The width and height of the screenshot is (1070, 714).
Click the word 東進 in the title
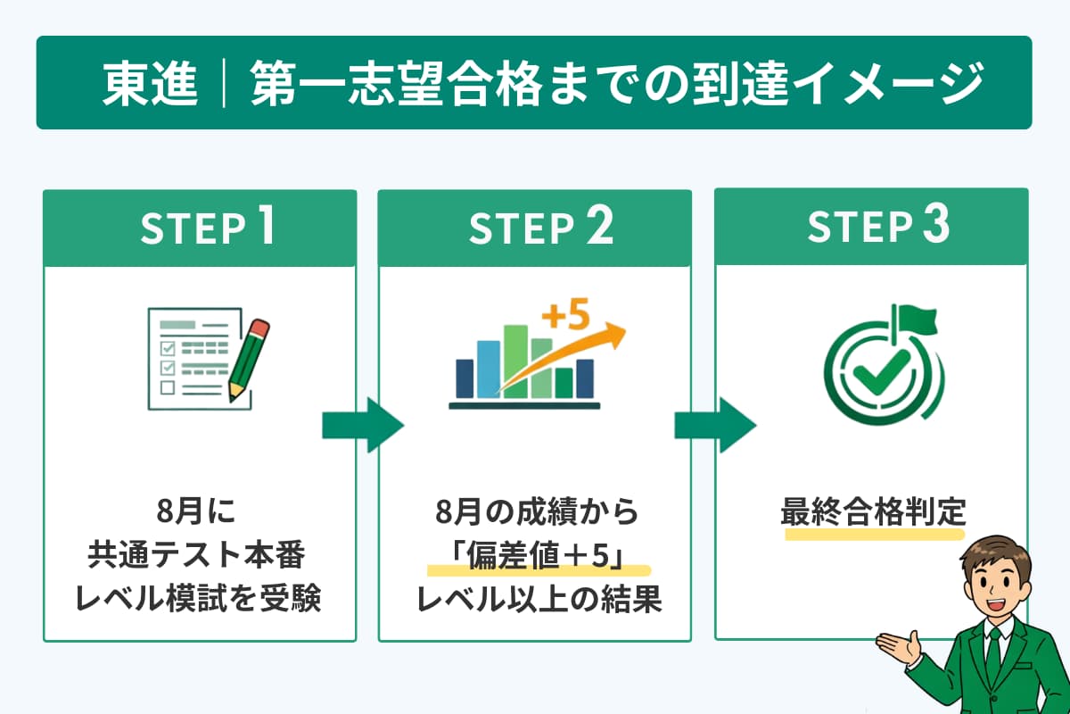click(150, 84)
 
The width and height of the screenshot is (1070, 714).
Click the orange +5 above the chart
click(567, 316)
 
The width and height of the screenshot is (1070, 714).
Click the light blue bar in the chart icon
click(489, 367)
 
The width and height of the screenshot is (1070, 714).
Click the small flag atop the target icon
click(915, 317)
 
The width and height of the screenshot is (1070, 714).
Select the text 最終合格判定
click(873, 514)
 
